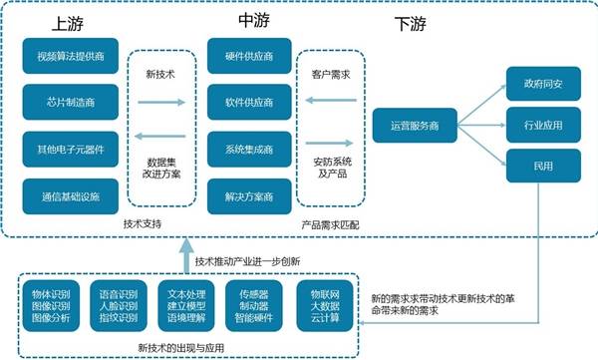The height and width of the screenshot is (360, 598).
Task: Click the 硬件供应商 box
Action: pos(249,54)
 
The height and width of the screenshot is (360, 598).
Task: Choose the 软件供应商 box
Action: pos(249,100)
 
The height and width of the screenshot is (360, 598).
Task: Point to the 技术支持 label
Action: pos(143,223)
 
